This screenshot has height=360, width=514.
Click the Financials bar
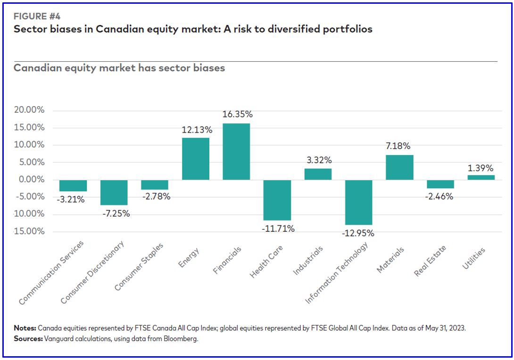pos(236,151)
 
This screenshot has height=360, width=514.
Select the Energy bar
pos(196,159)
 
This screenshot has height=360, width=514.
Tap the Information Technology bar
pos(359,202)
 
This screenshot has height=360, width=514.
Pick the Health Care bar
pos(277,200)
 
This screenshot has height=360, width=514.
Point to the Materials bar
pos(399,167)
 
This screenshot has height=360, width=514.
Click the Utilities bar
pos(481,177)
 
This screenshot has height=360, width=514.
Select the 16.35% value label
pos(237,114)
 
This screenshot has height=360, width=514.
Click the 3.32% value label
pos(318,160)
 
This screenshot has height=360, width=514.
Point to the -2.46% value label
pos(440,196)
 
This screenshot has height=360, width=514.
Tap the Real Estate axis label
pos(430,260)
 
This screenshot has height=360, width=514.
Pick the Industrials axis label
pos(308,261)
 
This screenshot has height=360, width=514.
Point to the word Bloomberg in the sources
pos(182,339)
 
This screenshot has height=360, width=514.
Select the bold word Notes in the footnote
pos(24,328)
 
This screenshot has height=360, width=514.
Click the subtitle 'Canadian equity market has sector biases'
pos(119,68)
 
